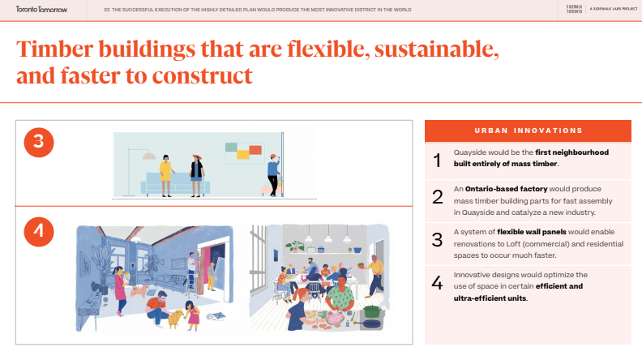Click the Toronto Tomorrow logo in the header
click(x=41, y=10)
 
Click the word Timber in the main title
click(x=55, y=49)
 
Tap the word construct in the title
click(x=202, y=76)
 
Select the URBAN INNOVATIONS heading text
click(x=529, y=131)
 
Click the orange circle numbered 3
click(x=39, y=143)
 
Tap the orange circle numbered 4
click(x=39, y=232)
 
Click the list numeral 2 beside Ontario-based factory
click(x=438, y=197)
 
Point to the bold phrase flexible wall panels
click(x=532, y=232)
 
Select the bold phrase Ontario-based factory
click(x=506, y=189)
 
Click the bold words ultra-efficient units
click(x=490, y=298)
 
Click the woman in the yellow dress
click(x=165, y=175)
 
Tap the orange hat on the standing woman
click(x=197, y=156)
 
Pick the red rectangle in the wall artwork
click(x=255, y=150)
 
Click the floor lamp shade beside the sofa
click(x=148, y=156)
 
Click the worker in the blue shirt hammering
click(x=273, y=175)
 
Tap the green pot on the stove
click(x=372, y=311)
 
